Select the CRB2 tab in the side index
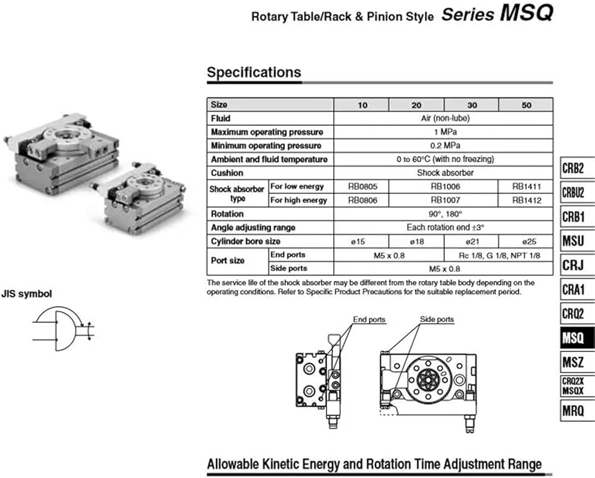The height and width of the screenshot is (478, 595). tap(574, 167)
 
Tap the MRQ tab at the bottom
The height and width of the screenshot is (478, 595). tap(574, 410)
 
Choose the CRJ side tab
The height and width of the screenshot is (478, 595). tap(573, 264)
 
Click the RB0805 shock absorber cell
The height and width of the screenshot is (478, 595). tap(361, 186)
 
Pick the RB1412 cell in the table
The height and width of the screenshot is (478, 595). tap(526, 201)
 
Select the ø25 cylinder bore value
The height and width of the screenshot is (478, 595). tap(526, 241)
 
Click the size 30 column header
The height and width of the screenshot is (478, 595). tap(471, 105)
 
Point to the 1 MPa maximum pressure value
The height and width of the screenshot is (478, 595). tap(444, 132)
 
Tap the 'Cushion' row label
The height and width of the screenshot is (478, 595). tap(227, 173)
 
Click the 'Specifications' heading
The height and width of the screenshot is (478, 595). tap(254, 73)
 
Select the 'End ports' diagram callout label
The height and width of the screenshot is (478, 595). tap(369, 320)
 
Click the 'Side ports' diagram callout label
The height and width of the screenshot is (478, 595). tap(437, 320)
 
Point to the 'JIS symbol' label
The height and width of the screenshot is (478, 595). tap(26, 293)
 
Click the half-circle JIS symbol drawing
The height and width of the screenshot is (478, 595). tap(63, 330)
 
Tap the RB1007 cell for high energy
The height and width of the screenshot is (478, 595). tap(444, 201)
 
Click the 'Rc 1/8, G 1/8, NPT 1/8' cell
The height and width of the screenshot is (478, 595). tap(499, 255)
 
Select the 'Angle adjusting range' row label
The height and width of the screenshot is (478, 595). tap(253, 227)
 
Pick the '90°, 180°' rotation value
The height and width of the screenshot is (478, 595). tap(444, 214)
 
